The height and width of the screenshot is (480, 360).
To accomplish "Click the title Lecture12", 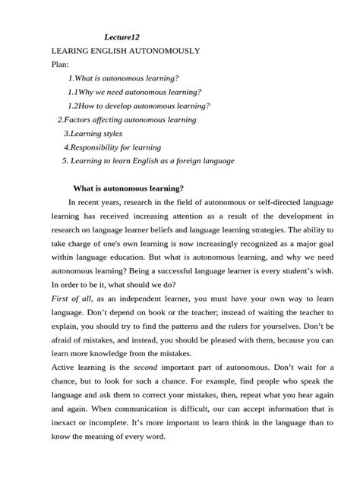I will (122, 36).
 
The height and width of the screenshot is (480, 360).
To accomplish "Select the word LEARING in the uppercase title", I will (71, 50).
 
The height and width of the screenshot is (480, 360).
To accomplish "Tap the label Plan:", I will (60, 65).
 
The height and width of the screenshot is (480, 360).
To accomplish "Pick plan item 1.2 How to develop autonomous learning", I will (138, 106).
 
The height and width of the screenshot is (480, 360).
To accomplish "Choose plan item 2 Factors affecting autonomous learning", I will (127, 119).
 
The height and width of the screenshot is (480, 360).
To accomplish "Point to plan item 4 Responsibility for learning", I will (112, 147).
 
